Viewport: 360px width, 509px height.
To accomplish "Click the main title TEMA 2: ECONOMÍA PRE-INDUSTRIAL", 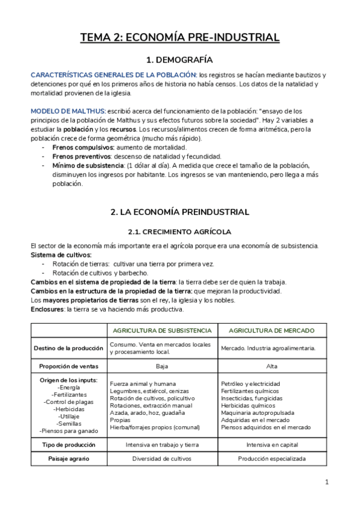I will click(x=180, y=37).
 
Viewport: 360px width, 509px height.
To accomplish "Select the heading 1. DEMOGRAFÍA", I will click(x=180, y=60).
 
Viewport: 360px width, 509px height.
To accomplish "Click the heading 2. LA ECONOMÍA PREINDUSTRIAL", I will click(x=180, y=212).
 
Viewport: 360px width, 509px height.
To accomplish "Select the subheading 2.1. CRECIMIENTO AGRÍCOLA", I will click(x=180, y=232).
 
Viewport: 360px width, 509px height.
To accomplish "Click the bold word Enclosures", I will click(x=47, y=309).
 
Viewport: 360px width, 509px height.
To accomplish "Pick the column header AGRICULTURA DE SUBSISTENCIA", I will click(x=162, y=331).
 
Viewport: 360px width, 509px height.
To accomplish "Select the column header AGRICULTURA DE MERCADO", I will click(x=271, y=331).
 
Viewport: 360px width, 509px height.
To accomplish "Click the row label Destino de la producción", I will click(x=68, y=348).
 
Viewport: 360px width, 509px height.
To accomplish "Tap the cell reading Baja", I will click(x=162, y=366).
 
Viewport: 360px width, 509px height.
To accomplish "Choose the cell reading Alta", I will click(x=271, y=366).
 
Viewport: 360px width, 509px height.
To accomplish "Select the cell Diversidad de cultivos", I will click(x=162, y=459).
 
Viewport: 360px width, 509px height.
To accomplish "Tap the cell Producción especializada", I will click(x=271, y=459).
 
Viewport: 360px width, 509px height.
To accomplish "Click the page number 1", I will click(x=327, y=482).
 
